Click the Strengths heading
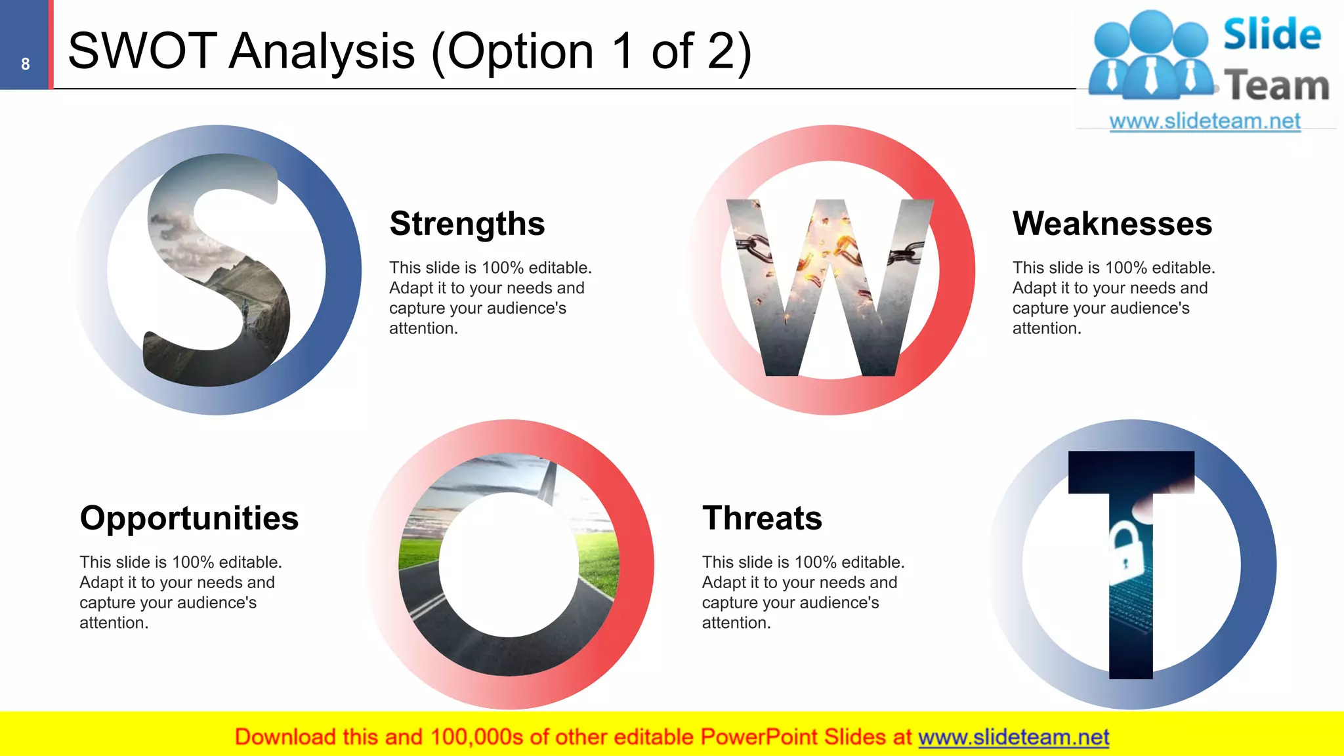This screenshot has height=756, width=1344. pyautogui.click(x=467, y=224)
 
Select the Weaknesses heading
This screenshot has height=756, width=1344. pyautogui.click(x=1112, y=224)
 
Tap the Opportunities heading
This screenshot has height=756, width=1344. pyautogui.click(x=189, y=518)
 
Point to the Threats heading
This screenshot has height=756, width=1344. pyautogui.click(x=761, y=518)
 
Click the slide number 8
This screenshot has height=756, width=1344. pyautogui.click(x=25, y=64)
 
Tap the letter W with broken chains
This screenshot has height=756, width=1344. pyautogui.click(x=829, y=289)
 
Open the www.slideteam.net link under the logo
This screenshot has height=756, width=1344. pyautogui.click(x=1204, y=121)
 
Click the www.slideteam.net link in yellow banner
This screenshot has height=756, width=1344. pyautogui.click(x=1013, y=738)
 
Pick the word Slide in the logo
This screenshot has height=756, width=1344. pyautogui.click(x=1272, y=34)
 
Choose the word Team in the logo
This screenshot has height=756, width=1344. pyautogui.click(x=1276, y=85)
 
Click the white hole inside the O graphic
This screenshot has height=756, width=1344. pyautogui.click(x=509, y=564)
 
